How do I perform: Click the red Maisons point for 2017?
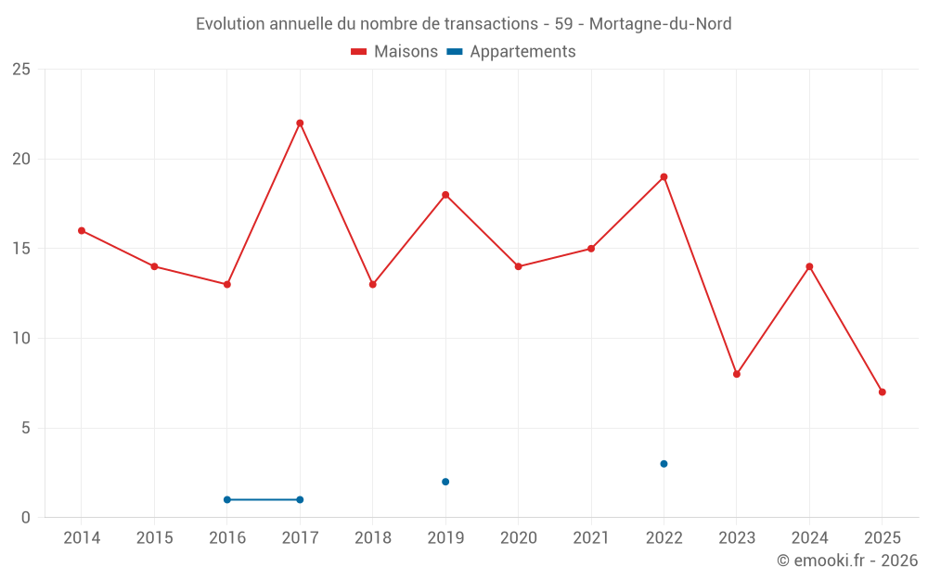tap(300, 123)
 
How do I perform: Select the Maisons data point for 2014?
tap(82, 231)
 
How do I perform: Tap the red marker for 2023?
tap(737, 374)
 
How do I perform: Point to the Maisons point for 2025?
tap(883, 393)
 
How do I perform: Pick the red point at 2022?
tap(664, 177)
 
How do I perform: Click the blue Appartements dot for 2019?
tap(445, 482)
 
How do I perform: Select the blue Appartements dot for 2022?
tap(664, 464)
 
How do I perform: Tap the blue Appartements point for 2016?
tap(227, 500)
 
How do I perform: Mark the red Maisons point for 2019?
tap(445, 195)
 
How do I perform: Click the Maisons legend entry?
tap(394, 52)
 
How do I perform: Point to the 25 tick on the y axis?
tap(21, 70)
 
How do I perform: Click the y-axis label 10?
tap(21, 339)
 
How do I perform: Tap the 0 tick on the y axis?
tap(26, 518)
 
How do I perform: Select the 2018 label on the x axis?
tap(372, 538)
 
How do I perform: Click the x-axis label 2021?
tap(591, 538)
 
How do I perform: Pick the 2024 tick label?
tap(809, 538)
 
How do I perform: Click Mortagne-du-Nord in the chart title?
tap(660, 24)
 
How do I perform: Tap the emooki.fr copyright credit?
tap(846, 561)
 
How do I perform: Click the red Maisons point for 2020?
tap(518, 267)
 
